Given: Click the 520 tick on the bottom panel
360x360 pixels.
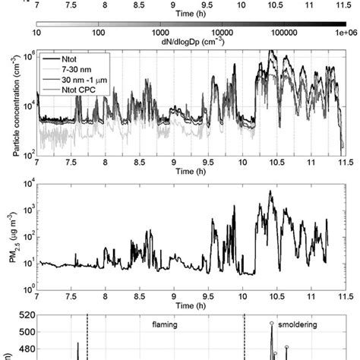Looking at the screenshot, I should (x=24, y=315).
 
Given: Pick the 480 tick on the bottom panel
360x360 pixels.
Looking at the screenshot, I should (x=24, y=349).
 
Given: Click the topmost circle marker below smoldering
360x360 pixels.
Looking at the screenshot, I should (x=272, y=324).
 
